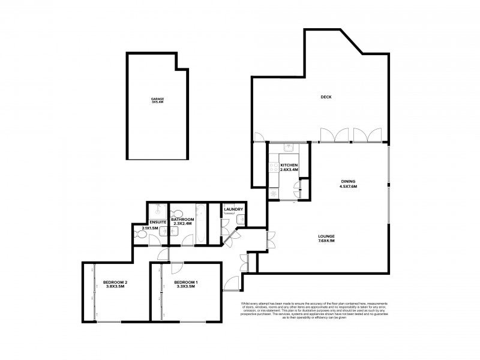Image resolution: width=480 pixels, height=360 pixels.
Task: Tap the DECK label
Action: (x=326, y=97)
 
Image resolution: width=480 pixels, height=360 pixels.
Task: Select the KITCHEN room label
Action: (x=289, y=165)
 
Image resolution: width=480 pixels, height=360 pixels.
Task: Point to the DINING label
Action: (x=348, y=181)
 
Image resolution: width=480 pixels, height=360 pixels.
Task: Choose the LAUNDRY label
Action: (x=233, y=209)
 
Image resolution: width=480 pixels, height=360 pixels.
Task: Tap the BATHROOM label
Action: (x=182, y=220)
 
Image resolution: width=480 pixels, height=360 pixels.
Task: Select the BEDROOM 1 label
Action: (x=185, y=282)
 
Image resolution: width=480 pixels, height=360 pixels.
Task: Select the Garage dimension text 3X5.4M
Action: (x=158, y=103)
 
